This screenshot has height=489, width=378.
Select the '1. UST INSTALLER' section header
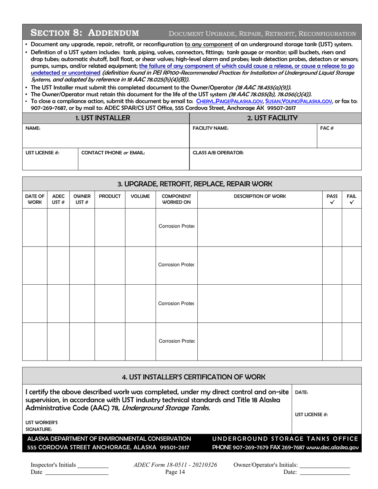coord(106,118)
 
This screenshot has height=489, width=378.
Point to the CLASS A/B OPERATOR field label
coord(218,153)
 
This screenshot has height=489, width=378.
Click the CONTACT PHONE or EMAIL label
coord(113,153)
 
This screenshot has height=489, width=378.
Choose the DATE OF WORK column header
coord(35,200)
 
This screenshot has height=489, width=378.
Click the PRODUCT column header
coord(110,196)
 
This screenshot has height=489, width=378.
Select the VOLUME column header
coord(140,196)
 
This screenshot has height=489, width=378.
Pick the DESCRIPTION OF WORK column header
coord(259,196)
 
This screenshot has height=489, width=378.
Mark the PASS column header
coord(332,200)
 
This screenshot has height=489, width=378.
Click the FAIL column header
coord(351,200)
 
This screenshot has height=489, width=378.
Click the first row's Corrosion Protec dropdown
coord(176,227)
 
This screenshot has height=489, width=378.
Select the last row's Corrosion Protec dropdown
coord(176,341)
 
